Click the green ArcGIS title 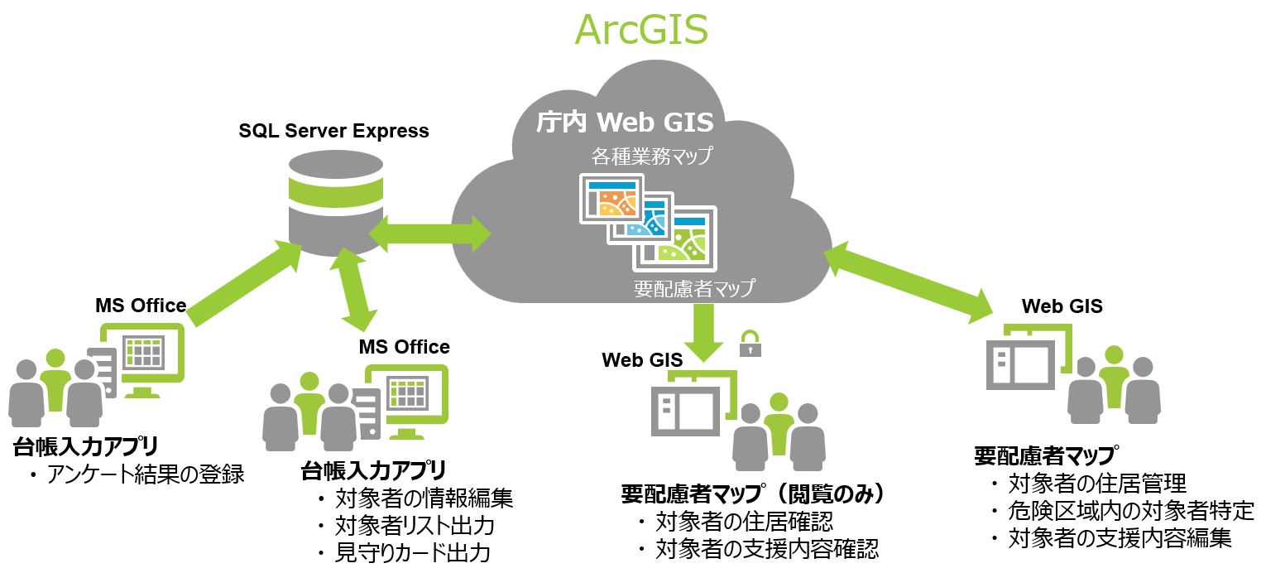[641, 31]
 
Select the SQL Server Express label [333, 131]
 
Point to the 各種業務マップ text [651, 156]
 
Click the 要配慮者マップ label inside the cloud [694, 288]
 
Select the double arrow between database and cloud [429, 233]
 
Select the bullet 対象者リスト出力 [414, 526]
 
